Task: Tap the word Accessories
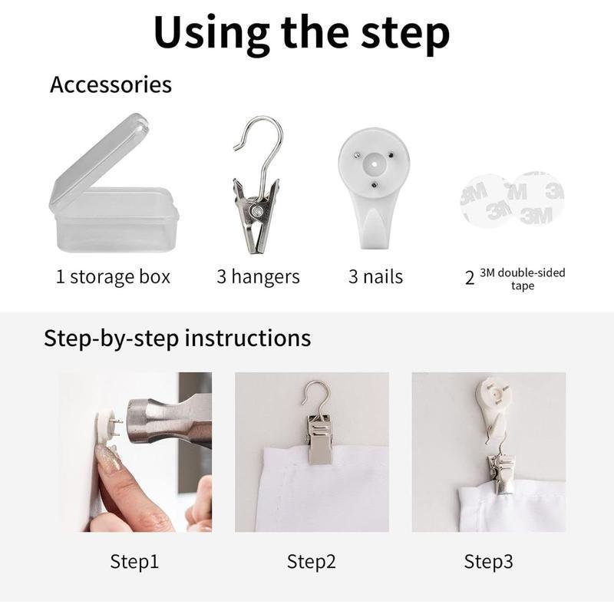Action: coord(111,84)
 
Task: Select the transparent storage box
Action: coord(114,183)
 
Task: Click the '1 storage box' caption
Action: coord(113,277)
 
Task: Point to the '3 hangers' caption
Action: coord(259,277)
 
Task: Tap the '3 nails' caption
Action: coord(375,277)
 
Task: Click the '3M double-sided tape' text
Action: coord(523,279)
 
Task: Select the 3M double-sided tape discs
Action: coord(512,200)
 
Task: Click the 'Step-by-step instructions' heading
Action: coord(177,338)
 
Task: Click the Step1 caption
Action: coord(134,562)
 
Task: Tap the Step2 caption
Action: coord(312,562)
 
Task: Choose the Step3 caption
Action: coord(488,562)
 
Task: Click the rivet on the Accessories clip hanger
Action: coord(257,211)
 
